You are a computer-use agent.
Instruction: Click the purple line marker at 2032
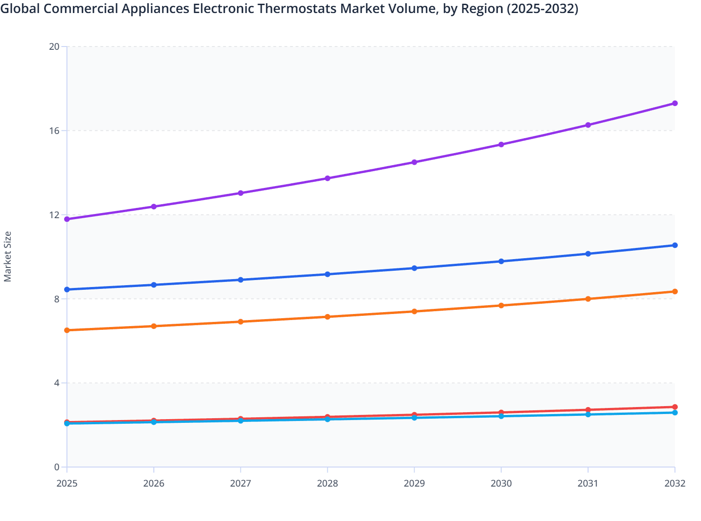coord(675,103)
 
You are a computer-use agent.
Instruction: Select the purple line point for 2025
coord(67,219)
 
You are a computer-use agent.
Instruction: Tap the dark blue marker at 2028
coord(327,274)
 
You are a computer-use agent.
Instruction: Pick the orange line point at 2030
coord(501,306)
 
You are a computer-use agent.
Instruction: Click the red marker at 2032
coord(675,407)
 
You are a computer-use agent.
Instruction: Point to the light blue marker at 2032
coord(675,413)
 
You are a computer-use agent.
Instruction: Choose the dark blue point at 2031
coord(588,254)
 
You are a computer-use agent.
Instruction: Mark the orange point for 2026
coord(154,326)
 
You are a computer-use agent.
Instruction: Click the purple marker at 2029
coord(414,162)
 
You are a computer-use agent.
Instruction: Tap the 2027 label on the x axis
coord(240,483)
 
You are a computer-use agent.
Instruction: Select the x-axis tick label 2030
coord(501,483)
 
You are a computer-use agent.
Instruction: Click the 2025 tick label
coord(67,483)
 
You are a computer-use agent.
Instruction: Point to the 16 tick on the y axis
coord(54,131)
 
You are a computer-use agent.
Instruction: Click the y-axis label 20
coord(54,47)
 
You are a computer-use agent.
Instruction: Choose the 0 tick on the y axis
coord(57,467)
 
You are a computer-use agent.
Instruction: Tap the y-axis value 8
coord(57,299)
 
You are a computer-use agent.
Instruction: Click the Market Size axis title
coord(8,257)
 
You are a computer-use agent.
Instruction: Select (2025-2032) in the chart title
coord(542,9)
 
